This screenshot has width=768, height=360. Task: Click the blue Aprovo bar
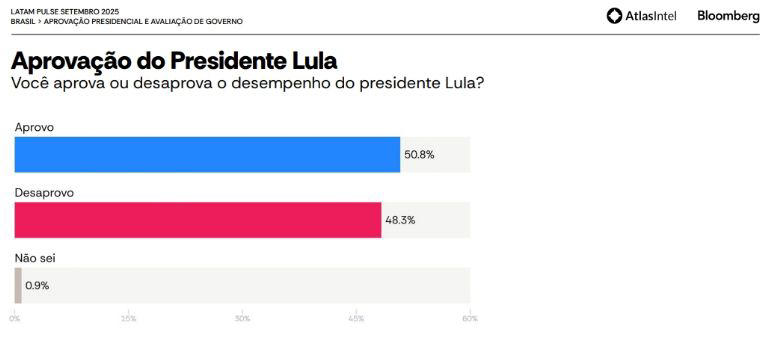pyautogui.click(x=207, y=155)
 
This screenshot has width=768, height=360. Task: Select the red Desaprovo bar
pyautogui.click(x=198, y=220)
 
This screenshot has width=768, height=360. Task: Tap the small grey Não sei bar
pyautogui.click(x=18, y=285)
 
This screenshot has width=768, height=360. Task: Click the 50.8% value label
pyautogui.click(x=419, y=155)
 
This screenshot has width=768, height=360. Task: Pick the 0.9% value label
pyautogui.click(x=37, y=285)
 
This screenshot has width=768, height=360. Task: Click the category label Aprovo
pyautogui.click(x=34, y=128)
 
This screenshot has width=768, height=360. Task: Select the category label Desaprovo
pyautogui.click(x=45, y=192)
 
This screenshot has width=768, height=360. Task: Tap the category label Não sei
pyautogui.click(x=35, y=258)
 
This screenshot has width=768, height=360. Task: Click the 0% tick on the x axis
pyautogui.click(x=15, y=318)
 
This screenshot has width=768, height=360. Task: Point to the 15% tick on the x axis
pyautogui.click(x=129, y=318)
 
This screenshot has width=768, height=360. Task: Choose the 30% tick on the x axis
pyautogui.click(x=242, y=318)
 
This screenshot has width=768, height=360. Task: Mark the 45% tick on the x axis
pyautogui.click(x=356, y=318)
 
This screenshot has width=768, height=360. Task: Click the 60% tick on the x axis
pyautogui.click(x=469, y=318)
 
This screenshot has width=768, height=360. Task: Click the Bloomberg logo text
pyautogui.click(x=728, y=16)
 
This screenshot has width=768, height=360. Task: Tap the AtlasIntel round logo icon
pyautogui.click(x=614, y=16)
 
